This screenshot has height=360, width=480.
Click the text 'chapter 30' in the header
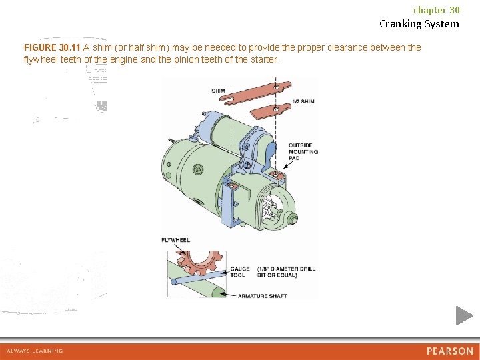(x=436, y=10)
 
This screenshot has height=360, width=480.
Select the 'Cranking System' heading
(x=419, y=24)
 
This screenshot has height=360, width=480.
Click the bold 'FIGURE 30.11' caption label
(x=52, y=47)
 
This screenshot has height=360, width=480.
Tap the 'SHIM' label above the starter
(x=218, y=91)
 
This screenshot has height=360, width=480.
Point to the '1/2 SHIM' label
(x=303, y=101)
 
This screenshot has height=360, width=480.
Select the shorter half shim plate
(x=274, y=107)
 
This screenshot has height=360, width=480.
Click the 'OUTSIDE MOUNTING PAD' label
(x=303, y=152)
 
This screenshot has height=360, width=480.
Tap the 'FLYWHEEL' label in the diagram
(x=175, y=240)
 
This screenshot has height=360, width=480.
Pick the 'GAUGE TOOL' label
(x=239, y=272)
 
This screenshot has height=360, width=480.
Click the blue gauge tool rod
(x=193, y=279)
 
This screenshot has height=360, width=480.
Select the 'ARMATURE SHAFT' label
(x=262, y=295)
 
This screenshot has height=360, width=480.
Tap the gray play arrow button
(x=464, y=315)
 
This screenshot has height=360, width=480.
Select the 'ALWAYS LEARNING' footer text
(x=35, y=351)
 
